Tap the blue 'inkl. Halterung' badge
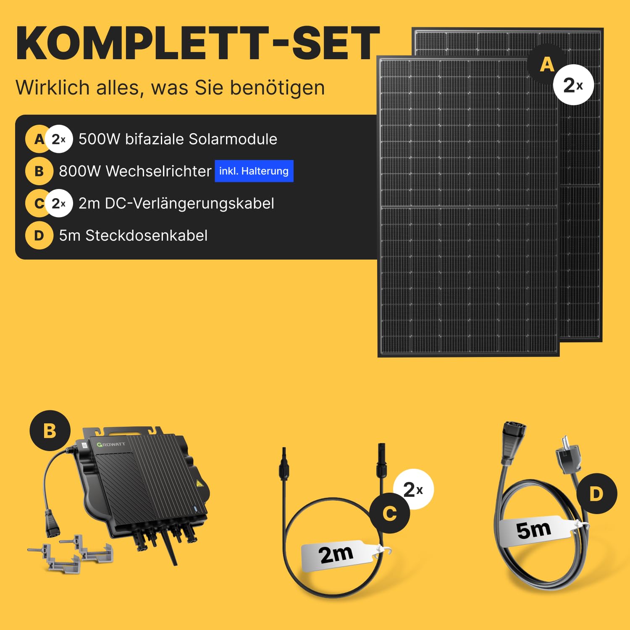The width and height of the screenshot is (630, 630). (254, 171)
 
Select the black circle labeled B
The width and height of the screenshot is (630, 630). (50, 430)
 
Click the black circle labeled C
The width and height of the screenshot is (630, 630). (390, 513)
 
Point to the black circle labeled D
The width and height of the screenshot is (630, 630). (596, 494)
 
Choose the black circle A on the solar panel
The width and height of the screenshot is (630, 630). (547, 64)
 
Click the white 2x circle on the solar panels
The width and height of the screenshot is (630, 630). (573, 85)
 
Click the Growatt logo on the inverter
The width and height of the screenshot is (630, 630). (111, 444)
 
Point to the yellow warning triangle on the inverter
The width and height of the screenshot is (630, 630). (199, 484)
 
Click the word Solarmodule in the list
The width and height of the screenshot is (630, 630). (233, 139)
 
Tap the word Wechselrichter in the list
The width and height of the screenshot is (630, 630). (158, 171)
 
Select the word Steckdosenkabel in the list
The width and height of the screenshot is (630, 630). (146, 236)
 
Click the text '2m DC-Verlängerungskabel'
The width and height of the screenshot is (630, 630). (176, 203)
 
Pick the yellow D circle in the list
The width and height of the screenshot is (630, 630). (39, 236)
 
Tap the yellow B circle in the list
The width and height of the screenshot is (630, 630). (39, 171)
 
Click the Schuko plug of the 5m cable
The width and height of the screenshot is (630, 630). (568, 455)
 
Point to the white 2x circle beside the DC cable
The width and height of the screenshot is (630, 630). (413, 489)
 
